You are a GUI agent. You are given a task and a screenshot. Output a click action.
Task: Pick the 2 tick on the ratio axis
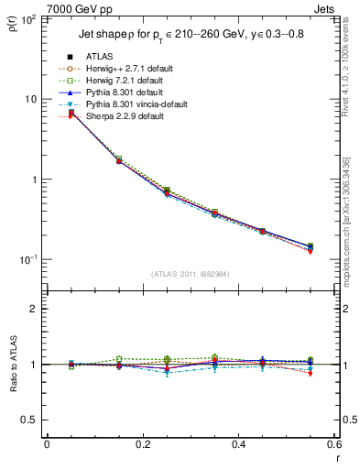click(x=34, y=309)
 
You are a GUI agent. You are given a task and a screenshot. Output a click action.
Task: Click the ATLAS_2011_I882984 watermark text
click(x=191, y=273)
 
